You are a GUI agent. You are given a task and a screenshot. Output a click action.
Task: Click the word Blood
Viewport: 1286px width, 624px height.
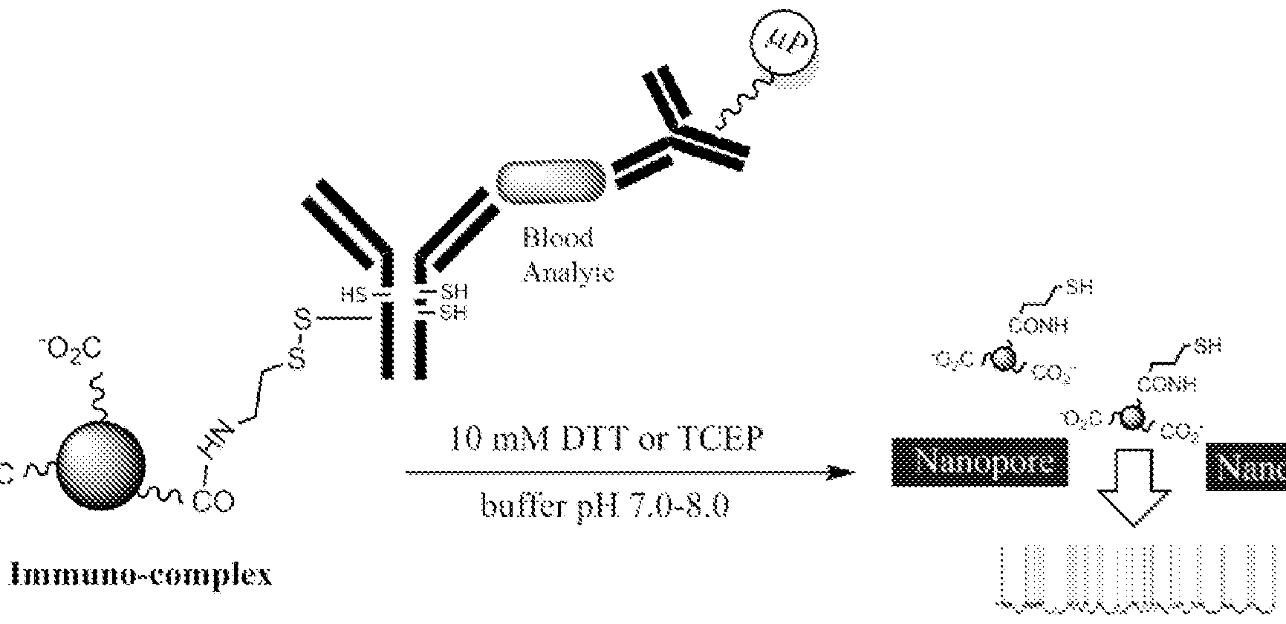[x=558, y=238]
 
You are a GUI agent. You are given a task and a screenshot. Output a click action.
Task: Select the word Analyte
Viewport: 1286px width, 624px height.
[x=568, y=273]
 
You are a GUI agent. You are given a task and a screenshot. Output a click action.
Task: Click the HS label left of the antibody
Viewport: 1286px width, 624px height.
[x=354, y=295]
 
